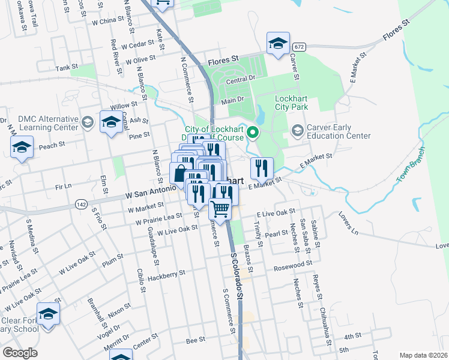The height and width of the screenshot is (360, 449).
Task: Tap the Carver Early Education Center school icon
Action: [297, 131]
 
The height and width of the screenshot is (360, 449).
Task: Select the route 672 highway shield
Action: [300, 47]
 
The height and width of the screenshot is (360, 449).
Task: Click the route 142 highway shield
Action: [81, 205]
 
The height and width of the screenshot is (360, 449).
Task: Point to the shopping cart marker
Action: [220, 209]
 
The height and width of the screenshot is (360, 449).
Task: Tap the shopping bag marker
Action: [181, 174]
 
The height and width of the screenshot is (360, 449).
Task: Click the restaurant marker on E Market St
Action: [261, 168]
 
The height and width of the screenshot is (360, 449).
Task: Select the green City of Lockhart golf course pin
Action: [253, 133]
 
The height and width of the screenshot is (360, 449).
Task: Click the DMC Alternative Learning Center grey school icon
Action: [88, 123]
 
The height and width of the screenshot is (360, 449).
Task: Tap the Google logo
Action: [20, 353]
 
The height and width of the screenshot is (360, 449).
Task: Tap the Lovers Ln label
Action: [348, 223]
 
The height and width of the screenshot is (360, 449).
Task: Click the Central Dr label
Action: [241, 79]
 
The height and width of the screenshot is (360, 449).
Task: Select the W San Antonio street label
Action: [150, 193]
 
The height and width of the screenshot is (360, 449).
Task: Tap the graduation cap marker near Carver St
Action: [278, 43]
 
